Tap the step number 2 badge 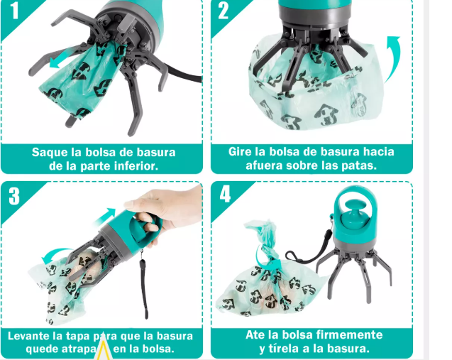tap(224, 11)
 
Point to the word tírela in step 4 tap(285, 348)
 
